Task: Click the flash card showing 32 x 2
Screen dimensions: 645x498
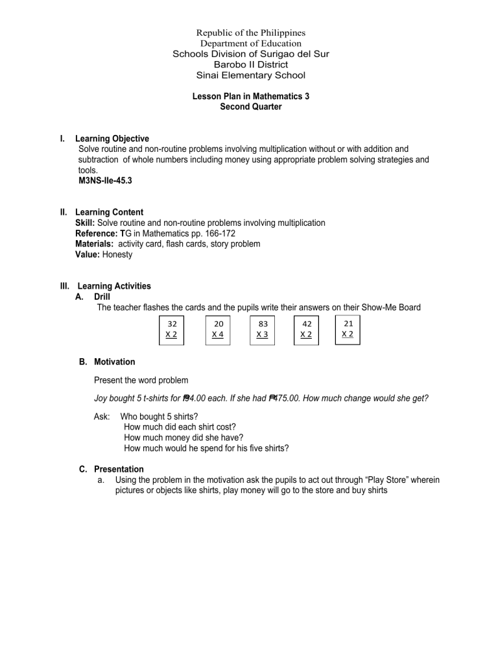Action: (172, 329)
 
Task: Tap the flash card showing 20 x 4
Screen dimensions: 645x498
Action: (217, 329)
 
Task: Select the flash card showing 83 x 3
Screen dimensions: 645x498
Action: (263, 329)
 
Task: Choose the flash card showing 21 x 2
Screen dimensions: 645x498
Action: (348, 328)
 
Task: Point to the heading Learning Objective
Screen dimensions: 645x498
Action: (112, 139)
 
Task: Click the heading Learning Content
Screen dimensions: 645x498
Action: (109, 212)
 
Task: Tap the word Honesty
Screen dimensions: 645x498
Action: (117, 255)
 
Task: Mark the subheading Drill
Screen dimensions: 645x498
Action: (103, 297)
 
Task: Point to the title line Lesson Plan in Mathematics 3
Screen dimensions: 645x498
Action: (250, 96)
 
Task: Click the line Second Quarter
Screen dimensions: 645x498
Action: (250, 106)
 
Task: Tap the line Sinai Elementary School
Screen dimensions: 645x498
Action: (250, 75)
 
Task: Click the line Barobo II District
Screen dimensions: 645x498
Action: (250, 65)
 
